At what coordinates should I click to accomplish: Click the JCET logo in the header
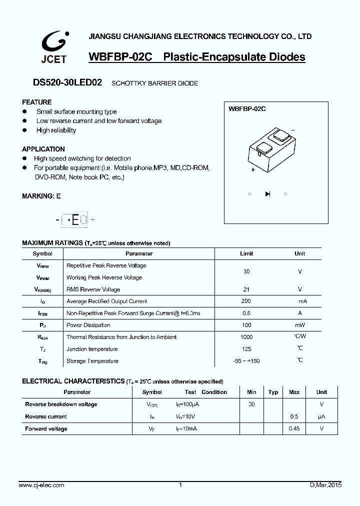(x=53, y=47)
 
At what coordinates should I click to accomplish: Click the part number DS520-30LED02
(x=61, y=83)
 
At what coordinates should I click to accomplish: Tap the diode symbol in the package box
(x=267, y=194)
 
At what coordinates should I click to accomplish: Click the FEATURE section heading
(x=36, y=102)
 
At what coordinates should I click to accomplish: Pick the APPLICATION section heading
(x=43, y=149)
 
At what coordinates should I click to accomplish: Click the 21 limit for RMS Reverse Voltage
(x=246, y=289)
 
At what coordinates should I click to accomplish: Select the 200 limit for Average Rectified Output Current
(x=246, y=301)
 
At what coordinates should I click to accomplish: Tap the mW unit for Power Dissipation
(x=300, y=325)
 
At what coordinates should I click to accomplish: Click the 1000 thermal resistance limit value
(x=246, y=337)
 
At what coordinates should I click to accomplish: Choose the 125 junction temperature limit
(x=246, y=349)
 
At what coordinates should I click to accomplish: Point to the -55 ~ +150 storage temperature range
(x=246, y=361)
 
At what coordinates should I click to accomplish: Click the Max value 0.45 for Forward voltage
(x=294, y=428)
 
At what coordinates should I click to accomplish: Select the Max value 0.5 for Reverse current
(x=294, y=416)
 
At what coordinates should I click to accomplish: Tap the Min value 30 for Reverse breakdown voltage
(x=251, y=404)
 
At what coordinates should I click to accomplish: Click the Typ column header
(x=273, y=392)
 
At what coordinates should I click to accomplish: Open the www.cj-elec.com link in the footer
(x=41, y=485)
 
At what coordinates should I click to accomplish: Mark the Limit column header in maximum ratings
(x=246, y=253)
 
